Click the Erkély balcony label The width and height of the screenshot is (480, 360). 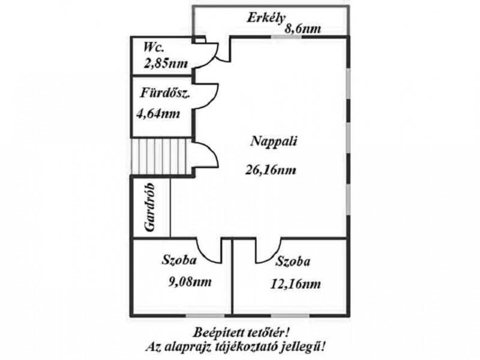(x=266, y=19)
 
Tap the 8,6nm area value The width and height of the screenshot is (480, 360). (x=303, y=29)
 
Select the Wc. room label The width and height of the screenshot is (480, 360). (x=154, y=47)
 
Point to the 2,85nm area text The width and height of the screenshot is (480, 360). (x=166, y=64)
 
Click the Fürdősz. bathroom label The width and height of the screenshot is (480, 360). (x=166, y=93)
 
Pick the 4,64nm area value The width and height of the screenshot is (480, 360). (x=158, y=114)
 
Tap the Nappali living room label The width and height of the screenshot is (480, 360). (x=274, y=142)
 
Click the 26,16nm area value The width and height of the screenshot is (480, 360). (x=271, y=170)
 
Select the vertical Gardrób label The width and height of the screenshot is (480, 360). (x=149, y=208)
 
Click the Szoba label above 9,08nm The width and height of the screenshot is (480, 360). (x=179, y=260)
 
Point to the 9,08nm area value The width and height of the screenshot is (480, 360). (x=190, y=281)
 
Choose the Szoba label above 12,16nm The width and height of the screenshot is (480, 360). (x=293, y=262)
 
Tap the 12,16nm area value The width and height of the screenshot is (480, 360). (x=296, y=284)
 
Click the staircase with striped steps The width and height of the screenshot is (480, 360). (x=159, y=156)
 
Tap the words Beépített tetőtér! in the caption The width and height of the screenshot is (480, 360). (x=241, y=332)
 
